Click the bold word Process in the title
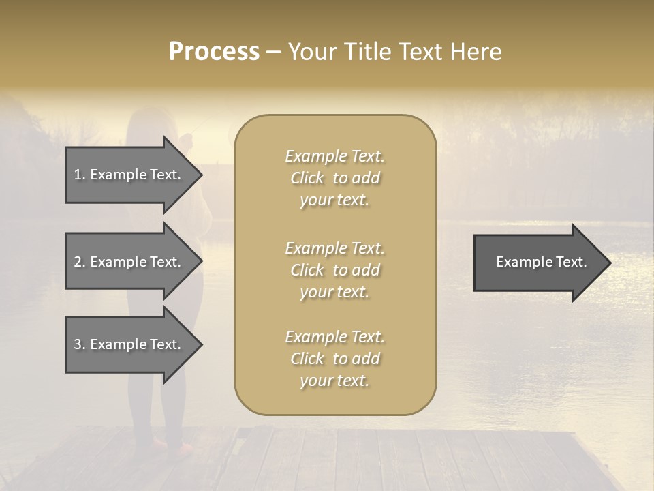(x=214, y=52)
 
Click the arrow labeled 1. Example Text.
(x=129, y=175)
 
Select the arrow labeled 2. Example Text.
(x=129, y=262)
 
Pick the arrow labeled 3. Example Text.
(x=129, y=345)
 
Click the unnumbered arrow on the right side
(x=538, y=263)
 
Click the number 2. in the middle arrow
(x=80, y=262)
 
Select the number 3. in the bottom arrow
(x=80, y=345)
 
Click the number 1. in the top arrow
(x=80, y=175)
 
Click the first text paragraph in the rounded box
(x=334, y=178)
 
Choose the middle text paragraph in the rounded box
(x=334, y=270)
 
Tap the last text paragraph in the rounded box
(x=334, y=359)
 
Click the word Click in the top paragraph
(x=307, y=179)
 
